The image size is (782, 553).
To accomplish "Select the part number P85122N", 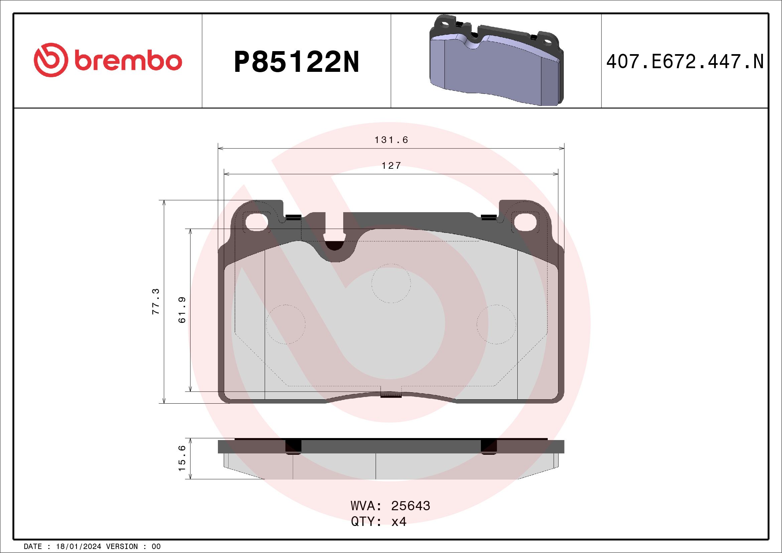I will tap(296, 62).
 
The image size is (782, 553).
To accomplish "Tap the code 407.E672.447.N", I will tap(685, 62).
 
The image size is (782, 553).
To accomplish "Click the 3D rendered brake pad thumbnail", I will tap(496, 61).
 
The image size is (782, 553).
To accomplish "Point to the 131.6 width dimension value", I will tap(391, 140).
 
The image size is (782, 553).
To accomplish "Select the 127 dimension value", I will tap(391, 166).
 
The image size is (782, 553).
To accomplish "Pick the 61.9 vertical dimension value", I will tap(182, 310).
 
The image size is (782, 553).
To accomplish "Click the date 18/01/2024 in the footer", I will tap(79, 547).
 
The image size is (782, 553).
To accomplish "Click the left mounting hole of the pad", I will tap(256, 222).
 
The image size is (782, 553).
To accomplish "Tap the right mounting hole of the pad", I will tap(525, 222).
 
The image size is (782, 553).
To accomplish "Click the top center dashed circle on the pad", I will tap(391, 283).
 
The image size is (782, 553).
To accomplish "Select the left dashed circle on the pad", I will tap(285, 324).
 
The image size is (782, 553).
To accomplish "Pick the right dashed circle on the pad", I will tap(496, 324).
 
